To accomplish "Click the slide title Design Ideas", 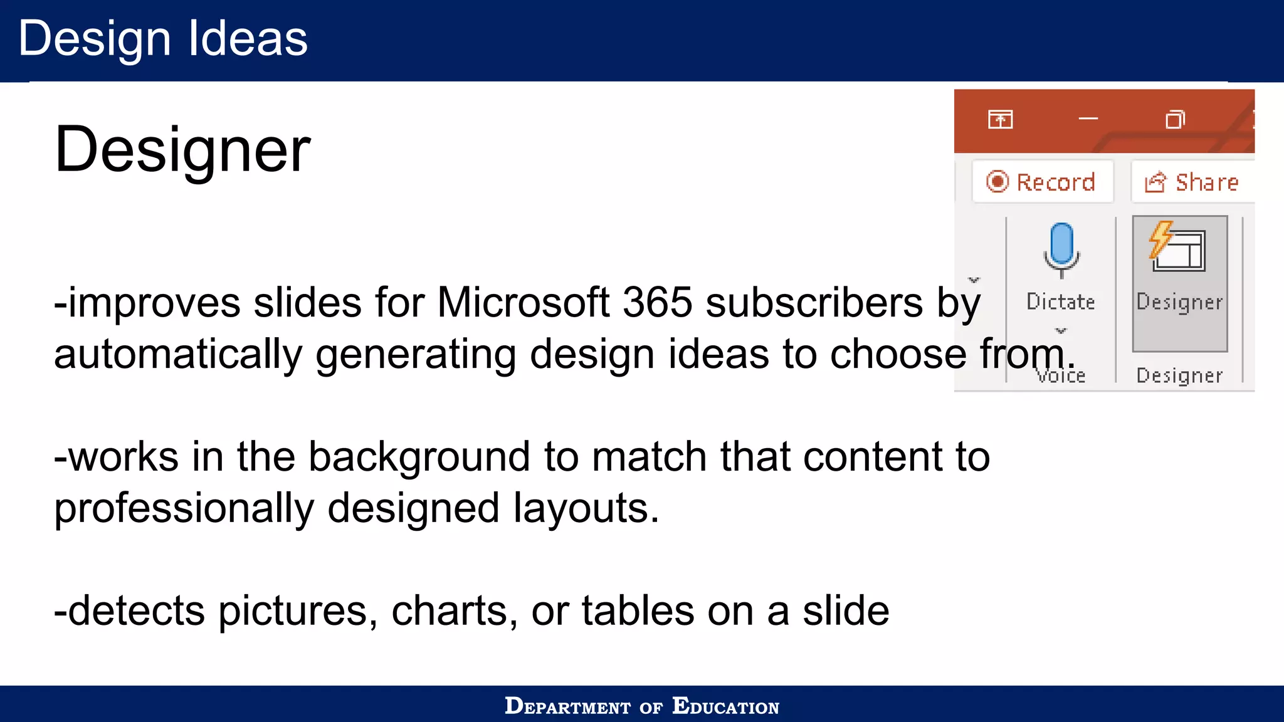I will click(163, 39).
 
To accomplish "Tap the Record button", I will click(1042, 182).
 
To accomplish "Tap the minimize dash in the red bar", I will click(1088, 118).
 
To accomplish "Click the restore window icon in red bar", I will click(1175, 119).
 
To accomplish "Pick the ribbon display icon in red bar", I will click(1000, 119).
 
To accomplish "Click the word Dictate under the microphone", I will click(1061, 302).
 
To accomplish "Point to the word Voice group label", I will click(1061, 376).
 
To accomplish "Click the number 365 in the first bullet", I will click(658, 303).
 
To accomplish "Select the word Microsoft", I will click(523, 303).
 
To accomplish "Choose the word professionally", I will click(184, 508).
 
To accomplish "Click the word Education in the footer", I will click(725, 706).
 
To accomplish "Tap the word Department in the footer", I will click(567, 706).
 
